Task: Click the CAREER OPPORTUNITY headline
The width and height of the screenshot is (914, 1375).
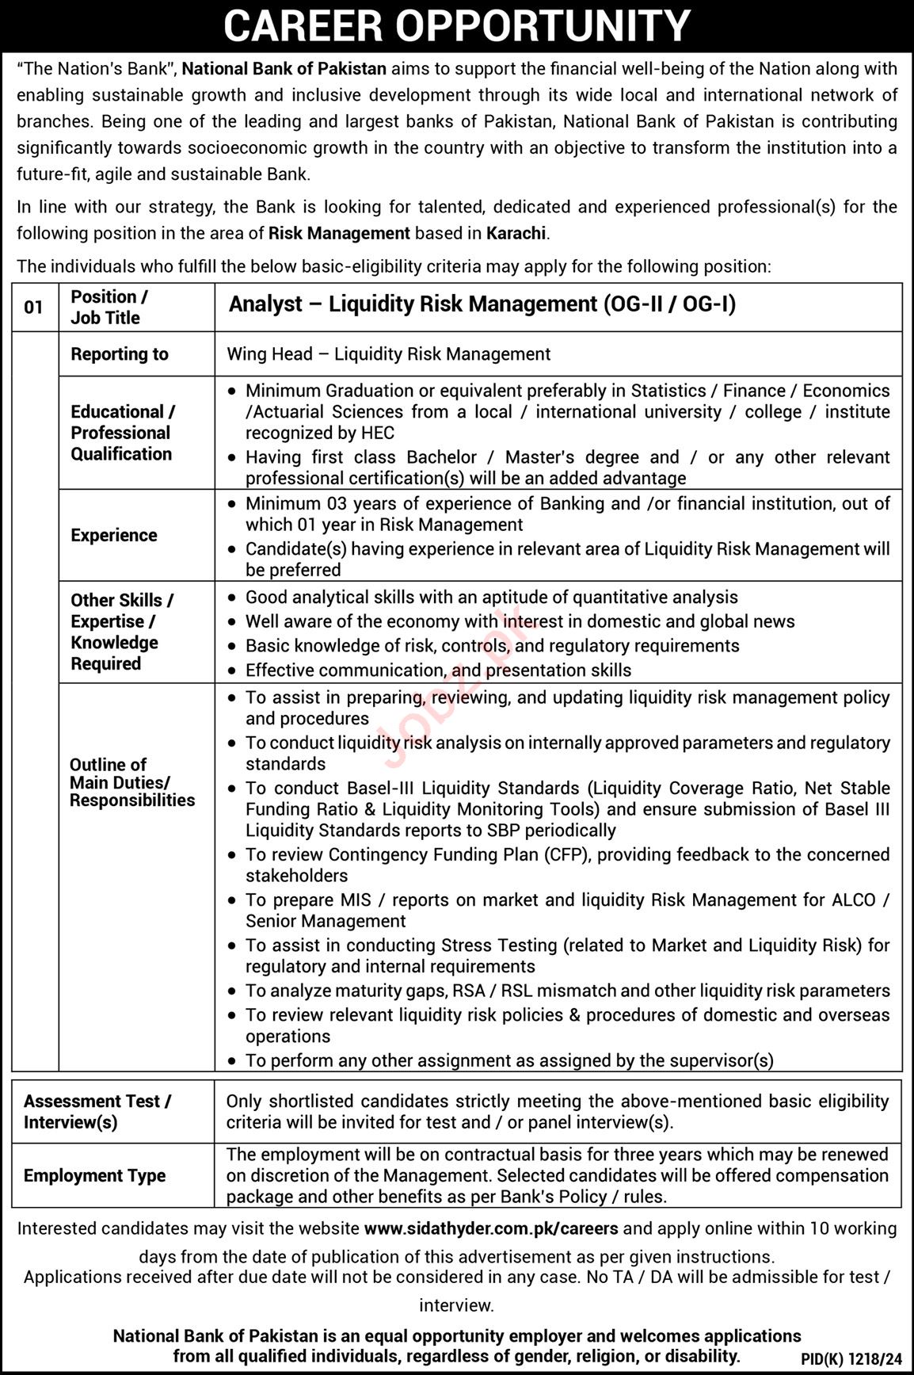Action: pos(457,25)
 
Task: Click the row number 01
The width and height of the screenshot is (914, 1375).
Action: pos(33,307)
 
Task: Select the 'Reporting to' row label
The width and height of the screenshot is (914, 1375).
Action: pos(120,354)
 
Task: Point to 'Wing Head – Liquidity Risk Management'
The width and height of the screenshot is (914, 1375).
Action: pos(388,354)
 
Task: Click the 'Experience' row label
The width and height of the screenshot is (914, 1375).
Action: pos(114,536)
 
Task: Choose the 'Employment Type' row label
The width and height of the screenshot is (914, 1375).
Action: pos(95,1175)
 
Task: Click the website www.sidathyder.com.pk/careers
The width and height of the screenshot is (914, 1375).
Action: pos(491,1228)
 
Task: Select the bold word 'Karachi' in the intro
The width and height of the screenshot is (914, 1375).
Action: pos(516,234)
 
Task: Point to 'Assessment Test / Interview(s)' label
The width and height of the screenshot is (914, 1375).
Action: pos(97,1111)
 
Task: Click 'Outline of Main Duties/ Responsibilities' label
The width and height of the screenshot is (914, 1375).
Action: pos(132,782)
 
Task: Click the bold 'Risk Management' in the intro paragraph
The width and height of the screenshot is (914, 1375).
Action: pos(339,234)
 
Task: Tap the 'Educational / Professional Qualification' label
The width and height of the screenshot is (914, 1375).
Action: pos(122,433)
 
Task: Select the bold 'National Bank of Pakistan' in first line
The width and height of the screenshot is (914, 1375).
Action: pos(284,69)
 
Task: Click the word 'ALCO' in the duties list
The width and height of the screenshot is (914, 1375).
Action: pos(853,899)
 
